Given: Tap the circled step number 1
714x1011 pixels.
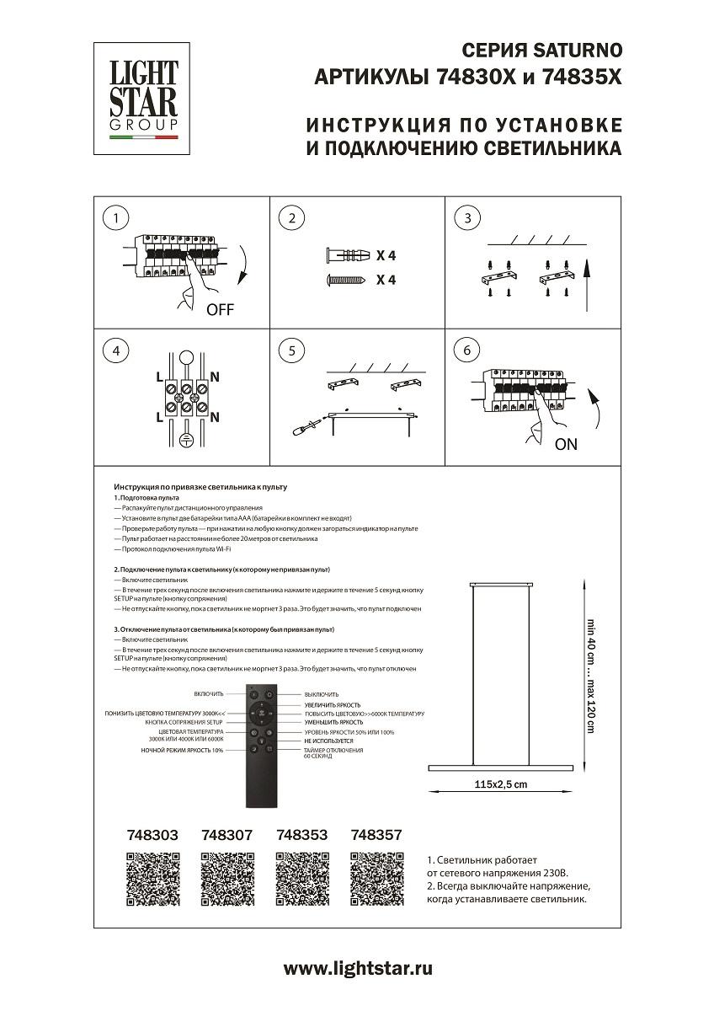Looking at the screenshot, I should (x=115, y=218).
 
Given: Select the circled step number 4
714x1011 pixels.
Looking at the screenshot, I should (x=115, y=350).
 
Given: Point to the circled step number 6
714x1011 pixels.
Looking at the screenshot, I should (x=466, y=350).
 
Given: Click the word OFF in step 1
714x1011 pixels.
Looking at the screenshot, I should (x=220, y=309).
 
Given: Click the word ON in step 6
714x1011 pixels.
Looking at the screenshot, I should (x=567, y=444).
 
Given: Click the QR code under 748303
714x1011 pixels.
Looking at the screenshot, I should (x=153, y=880).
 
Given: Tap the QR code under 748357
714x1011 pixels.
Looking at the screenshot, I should (x=377, y=880).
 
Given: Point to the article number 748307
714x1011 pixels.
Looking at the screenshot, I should (x=227, y=836).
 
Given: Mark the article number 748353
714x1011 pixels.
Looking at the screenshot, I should (x=302, y=836).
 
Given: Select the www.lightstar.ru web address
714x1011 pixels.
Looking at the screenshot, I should (x=358, y=968).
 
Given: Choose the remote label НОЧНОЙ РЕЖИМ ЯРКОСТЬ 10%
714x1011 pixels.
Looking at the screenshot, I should (x=183, y=749).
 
